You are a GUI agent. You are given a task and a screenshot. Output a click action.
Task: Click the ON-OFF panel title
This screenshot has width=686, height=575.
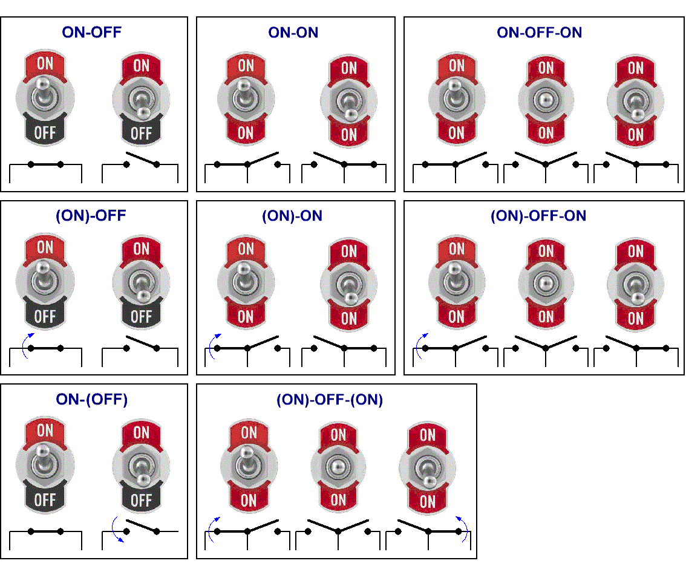[x=91, y=32]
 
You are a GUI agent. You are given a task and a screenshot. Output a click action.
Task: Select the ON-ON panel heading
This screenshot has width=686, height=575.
[x=293, y=33]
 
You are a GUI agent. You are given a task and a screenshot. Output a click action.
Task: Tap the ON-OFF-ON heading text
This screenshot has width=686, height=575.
[x=539, y=33]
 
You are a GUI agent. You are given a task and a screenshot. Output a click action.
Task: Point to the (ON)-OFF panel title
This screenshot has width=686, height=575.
[x=91, y=216]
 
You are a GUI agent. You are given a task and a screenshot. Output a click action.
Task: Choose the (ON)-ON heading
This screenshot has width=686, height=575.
[x=292, y=216]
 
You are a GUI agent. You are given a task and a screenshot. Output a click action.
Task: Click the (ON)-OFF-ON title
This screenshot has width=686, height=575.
[x=538, y=216]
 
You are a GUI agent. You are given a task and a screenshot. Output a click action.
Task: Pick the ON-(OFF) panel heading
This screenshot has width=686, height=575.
[x=92, y=399]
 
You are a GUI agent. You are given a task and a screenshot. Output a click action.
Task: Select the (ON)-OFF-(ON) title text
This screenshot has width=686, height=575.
[x=330, y=400]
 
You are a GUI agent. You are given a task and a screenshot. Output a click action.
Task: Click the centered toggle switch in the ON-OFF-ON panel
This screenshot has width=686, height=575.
[x=546, y=100]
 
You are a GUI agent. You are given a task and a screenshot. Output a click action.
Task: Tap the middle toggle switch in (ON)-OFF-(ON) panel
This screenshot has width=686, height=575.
[x=338, y=467]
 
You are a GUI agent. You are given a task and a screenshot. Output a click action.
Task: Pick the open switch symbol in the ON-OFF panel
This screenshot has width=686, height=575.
[x=140, y=167]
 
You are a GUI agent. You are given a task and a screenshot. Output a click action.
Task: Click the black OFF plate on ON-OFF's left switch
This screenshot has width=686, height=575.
[x=45, y=131]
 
